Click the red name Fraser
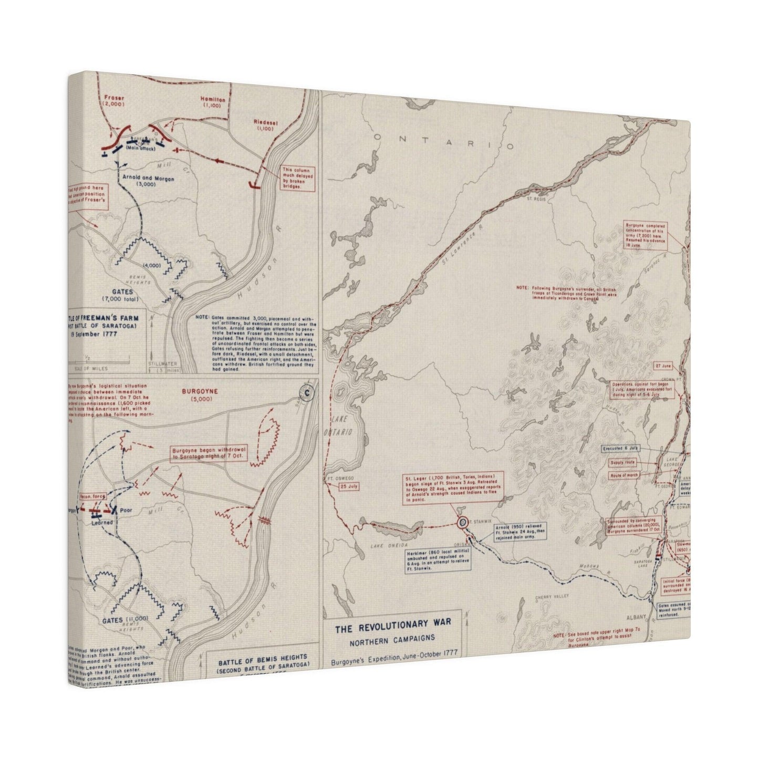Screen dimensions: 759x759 point(113,98)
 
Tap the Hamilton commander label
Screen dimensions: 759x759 point(213,99)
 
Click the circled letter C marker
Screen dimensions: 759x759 point(304,392)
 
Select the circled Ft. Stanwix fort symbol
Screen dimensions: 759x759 point(462,522)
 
